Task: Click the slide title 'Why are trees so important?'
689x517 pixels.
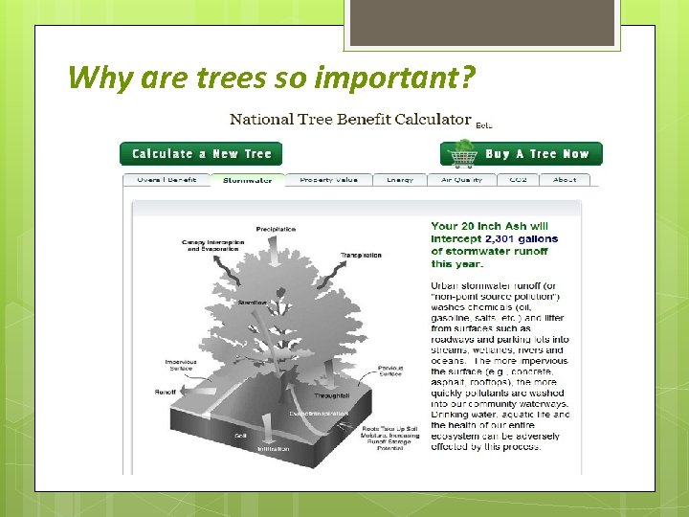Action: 271,77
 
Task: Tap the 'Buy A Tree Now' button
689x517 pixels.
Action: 536,154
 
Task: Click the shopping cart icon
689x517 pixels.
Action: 464,154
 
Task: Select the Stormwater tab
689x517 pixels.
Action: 247,180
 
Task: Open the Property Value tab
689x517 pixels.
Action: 328,180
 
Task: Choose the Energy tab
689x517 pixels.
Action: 400,180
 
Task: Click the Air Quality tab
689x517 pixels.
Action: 461,180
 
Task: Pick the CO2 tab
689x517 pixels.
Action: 518,180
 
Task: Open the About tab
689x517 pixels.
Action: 565,180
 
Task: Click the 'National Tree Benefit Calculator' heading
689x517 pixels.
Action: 350,121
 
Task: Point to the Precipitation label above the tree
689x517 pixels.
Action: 276,230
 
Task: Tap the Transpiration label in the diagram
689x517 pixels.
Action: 361,256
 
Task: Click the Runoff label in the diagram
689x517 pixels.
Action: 165,392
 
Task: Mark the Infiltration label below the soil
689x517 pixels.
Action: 273,449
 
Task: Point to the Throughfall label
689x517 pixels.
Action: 332,395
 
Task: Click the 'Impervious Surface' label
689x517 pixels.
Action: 181,365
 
